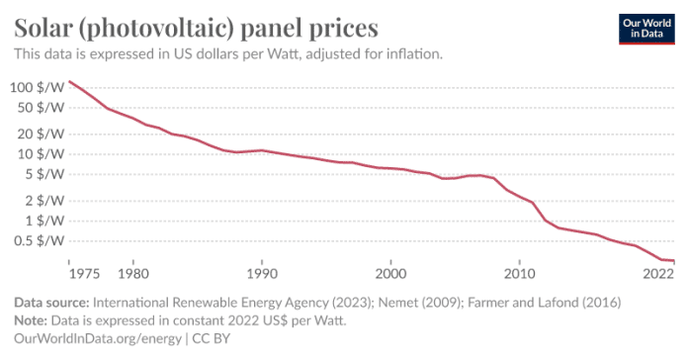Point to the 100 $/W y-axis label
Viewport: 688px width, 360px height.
tap(37, 87)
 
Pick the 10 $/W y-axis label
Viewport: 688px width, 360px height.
tap(41, 154)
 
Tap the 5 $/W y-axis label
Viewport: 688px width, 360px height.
tap(43, 175)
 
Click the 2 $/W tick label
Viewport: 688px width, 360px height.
tap(43, 201)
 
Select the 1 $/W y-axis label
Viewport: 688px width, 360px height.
tap(43, 222)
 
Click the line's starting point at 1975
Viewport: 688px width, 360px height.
tap(69, 81)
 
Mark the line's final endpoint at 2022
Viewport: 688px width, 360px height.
tap(674, 261)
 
